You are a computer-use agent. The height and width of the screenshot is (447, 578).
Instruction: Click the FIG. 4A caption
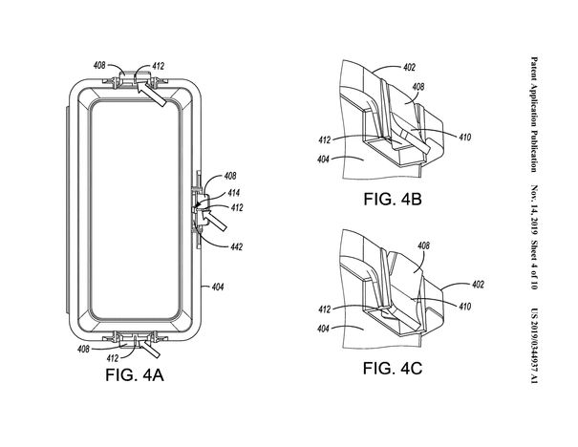(135, 374)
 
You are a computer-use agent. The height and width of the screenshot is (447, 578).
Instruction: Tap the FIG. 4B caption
(393, 199)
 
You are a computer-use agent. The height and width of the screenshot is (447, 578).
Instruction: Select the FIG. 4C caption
(393, 368)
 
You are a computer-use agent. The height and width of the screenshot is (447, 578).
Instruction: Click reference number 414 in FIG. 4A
(233, 192)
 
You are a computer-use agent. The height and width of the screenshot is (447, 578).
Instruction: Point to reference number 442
(236, 246)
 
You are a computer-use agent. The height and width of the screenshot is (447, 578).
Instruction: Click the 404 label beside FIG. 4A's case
(218, 287)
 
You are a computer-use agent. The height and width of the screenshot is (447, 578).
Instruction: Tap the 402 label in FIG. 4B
(409, 67)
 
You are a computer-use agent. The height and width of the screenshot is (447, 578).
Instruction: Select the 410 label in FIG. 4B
(465, 137)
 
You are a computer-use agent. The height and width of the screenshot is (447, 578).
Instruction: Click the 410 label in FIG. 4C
(465, 307)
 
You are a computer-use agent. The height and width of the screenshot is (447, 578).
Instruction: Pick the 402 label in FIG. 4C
(478, 284)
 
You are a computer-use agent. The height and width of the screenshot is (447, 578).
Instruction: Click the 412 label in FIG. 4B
(325, 140)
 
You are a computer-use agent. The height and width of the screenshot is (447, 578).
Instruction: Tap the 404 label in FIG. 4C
(323, 328)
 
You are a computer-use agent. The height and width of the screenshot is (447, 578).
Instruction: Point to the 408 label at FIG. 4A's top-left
(99, 65)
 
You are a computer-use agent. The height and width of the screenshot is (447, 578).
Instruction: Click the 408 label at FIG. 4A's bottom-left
(83, 349)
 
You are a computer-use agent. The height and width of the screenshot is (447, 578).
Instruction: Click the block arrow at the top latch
(152, 94)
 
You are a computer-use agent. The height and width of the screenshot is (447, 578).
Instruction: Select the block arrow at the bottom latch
(150, 349)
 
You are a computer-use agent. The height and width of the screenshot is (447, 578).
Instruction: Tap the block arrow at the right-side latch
(213, 220)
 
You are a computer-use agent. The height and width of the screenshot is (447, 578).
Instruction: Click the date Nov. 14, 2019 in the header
(534, 210)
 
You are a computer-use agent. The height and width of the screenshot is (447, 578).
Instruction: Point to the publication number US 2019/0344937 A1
(534, 347)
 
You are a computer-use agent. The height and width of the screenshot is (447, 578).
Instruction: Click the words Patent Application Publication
(534, 115)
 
